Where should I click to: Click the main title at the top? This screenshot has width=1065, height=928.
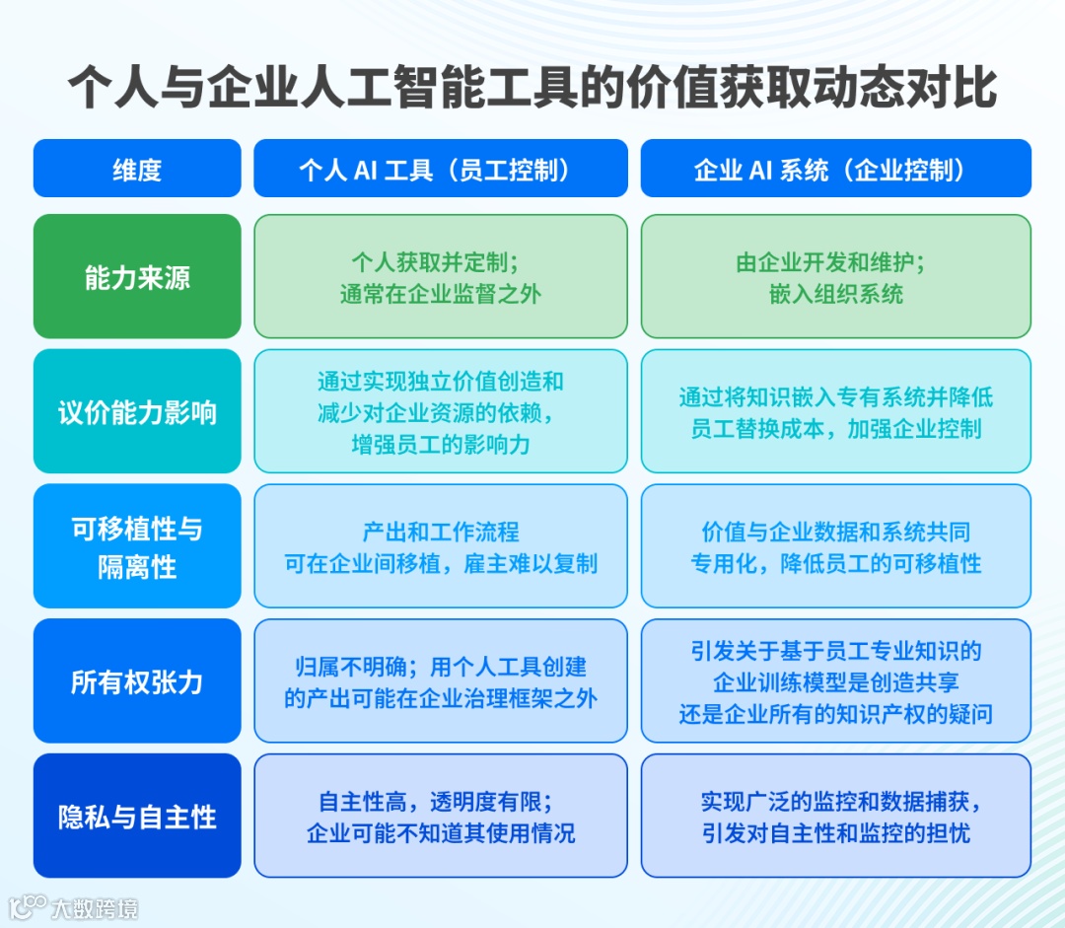(x=532, y=89)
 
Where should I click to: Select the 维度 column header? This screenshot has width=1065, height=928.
(x=137, y=169)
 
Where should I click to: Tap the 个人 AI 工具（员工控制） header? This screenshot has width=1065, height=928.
(x=441, y=169)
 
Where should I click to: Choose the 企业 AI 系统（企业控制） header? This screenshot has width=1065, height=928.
(x=835, y=169)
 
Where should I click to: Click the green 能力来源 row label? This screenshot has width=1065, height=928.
(x=137, y=277)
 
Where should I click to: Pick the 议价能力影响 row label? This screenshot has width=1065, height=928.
(x=137, y=411)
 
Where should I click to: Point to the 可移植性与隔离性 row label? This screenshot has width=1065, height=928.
(x=137, y=546)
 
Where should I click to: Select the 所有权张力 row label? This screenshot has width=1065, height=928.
(x=137, y=681)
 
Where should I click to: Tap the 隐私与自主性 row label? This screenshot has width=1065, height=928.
(x=137, y=817)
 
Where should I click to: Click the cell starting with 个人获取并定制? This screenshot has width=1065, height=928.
(x=441, y=277)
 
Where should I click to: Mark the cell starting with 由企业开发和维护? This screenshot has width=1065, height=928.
(x=835, y=277)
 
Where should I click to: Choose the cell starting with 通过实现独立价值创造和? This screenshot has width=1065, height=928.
(x=441, y=411)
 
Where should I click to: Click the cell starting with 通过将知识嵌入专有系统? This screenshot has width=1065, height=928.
(x=835, y=411)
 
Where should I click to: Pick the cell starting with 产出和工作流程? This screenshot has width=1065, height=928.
(x=441, y=546)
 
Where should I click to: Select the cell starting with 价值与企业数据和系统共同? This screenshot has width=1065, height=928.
(x=835, y=546)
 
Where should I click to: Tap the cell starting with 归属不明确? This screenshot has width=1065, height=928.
(x=441, y=681)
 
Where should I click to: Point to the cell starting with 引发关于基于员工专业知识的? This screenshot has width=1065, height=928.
(x=835, y=681)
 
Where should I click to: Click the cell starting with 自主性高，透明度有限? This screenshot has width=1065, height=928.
(x=441, y=817)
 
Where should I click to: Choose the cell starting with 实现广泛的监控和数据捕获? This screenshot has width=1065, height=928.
(x=835, y=817)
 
